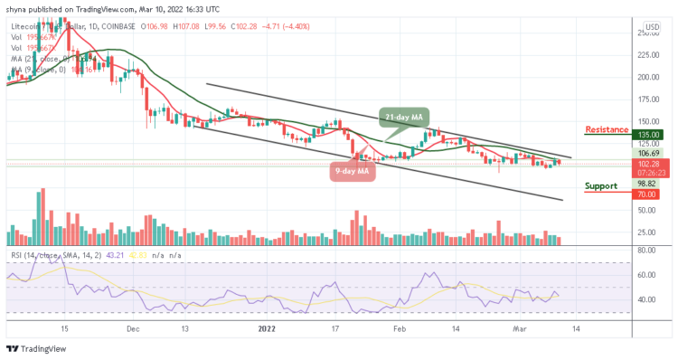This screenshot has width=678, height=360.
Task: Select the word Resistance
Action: click(607, 129)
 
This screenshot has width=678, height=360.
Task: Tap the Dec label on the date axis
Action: click(133, 330)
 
